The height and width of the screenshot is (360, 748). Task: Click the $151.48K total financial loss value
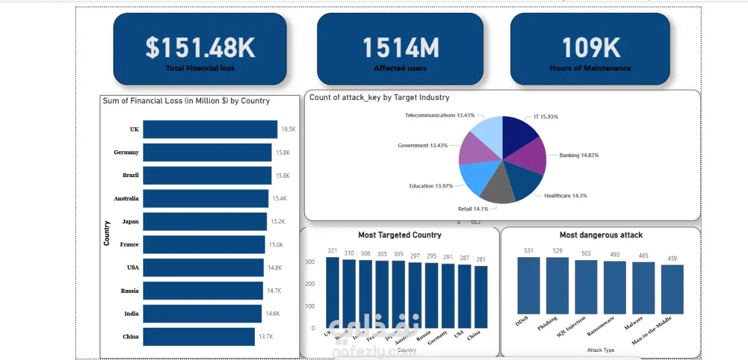tap(200, 48)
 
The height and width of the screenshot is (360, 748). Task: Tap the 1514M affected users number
tap(400, 48)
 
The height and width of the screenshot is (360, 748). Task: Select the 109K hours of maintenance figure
tap(591, 48)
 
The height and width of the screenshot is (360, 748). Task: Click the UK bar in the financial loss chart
tap(210, 129)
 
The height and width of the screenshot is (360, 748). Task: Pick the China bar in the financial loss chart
tap(199, 337)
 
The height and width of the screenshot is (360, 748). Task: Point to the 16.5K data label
tap(289, 129)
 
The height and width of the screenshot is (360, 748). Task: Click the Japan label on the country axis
tap(130, 221)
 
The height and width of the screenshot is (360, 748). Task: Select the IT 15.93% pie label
tap(546, 117)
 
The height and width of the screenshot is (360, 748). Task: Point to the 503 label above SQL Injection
tap(586, 254)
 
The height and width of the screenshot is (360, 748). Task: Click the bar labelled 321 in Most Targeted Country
tap(333, 292)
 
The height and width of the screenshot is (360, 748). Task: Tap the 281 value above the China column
tap(481, 259)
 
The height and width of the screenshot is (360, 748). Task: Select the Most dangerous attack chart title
tap(601, 235)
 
